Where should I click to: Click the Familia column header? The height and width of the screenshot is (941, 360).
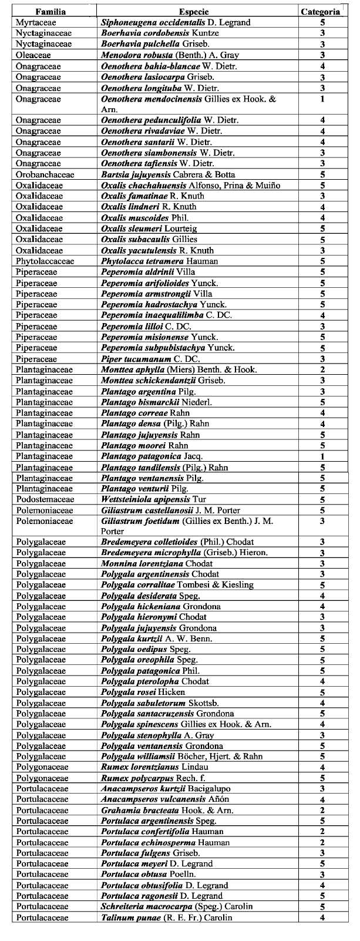tap(51, 12)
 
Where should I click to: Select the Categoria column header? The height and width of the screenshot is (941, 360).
tap(320, 12)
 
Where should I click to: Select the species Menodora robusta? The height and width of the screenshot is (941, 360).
tap(133, 55)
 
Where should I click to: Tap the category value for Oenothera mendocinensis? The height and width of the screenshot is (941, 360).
tap(323, 99)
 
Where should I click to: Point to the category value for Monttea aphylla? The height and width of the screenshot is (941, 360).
tap(323, 369)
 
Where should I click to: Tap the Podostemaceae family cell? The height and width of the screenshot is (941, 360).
tap(45, 499)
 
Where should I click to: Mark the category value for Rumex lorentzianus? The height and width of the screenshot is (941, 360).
tap(323, 767)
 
